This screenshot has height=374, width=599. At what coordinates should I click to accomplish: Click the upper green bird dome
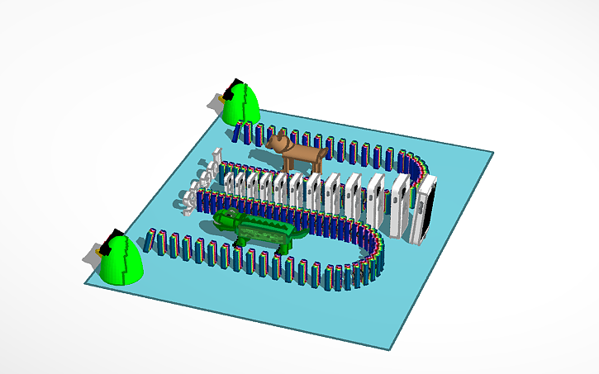(x=240, y=105)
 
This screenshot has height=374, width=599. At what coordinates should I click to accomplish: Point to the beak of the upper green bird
(x=220, y=96)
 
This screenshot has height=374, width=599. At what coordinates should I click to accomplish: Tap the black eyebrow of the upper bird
(x=235, y=83)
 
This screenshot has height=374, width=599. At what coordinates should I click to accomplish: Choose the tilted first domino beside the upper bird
(x=238, y=130)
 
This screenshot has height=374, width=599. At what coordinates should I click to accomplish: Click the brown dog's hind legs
(x=316, y=163)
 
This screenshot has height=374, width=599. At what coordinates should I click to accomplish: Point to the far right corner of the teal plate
(x=492, y=153)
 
